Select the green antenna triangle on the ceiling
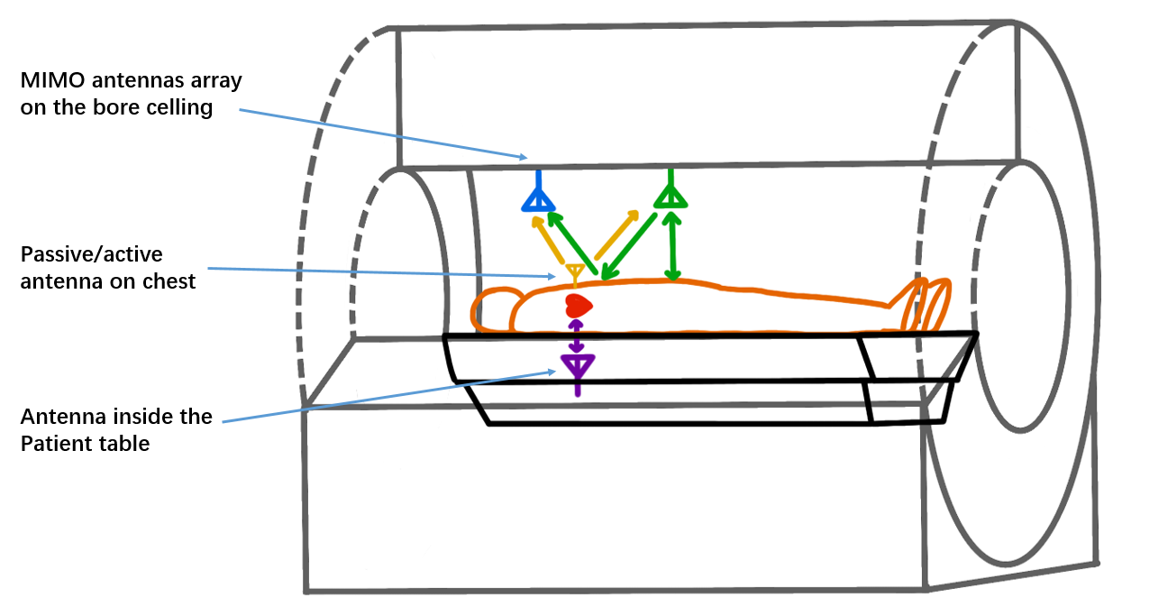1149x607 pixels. click(x=670, y=196)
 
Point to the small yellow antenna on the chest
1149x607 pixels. click(x=574, y=271)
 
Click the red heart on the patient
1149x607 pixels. click(x=577, y=304)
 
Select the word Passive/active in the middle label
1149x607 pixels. click(x=78, y=253)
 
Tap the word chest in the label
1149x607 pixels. click(x=171, y=281)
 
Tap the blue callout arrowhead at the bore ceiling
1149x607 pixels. click(x=524, y=158)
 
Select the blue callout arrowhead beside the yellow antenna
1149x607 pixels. click(x=557, y=277)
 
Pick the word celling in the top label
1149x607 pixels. click(x=183, y=108)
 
